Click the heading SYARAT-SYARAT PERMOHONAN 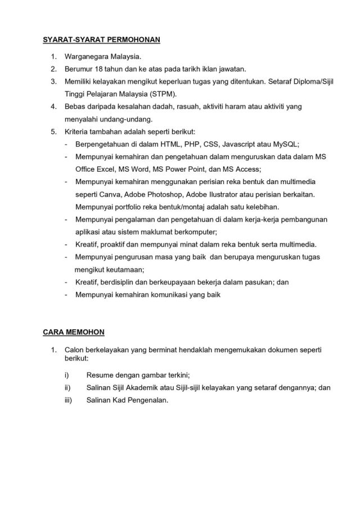102,39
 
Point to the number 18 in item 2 102,69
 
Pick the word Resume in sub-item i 100,374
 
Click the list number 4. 53,106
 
